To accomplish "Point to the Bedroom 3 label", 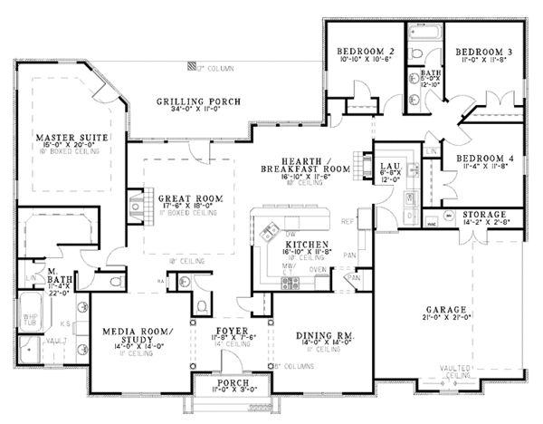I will pyautogui.click(x=483, y=51).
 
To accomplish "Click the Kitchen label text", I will pyautogui.click(x=300, y=245).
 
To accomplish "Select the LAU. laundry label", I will pyautogui.click(x=390, y=166).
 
